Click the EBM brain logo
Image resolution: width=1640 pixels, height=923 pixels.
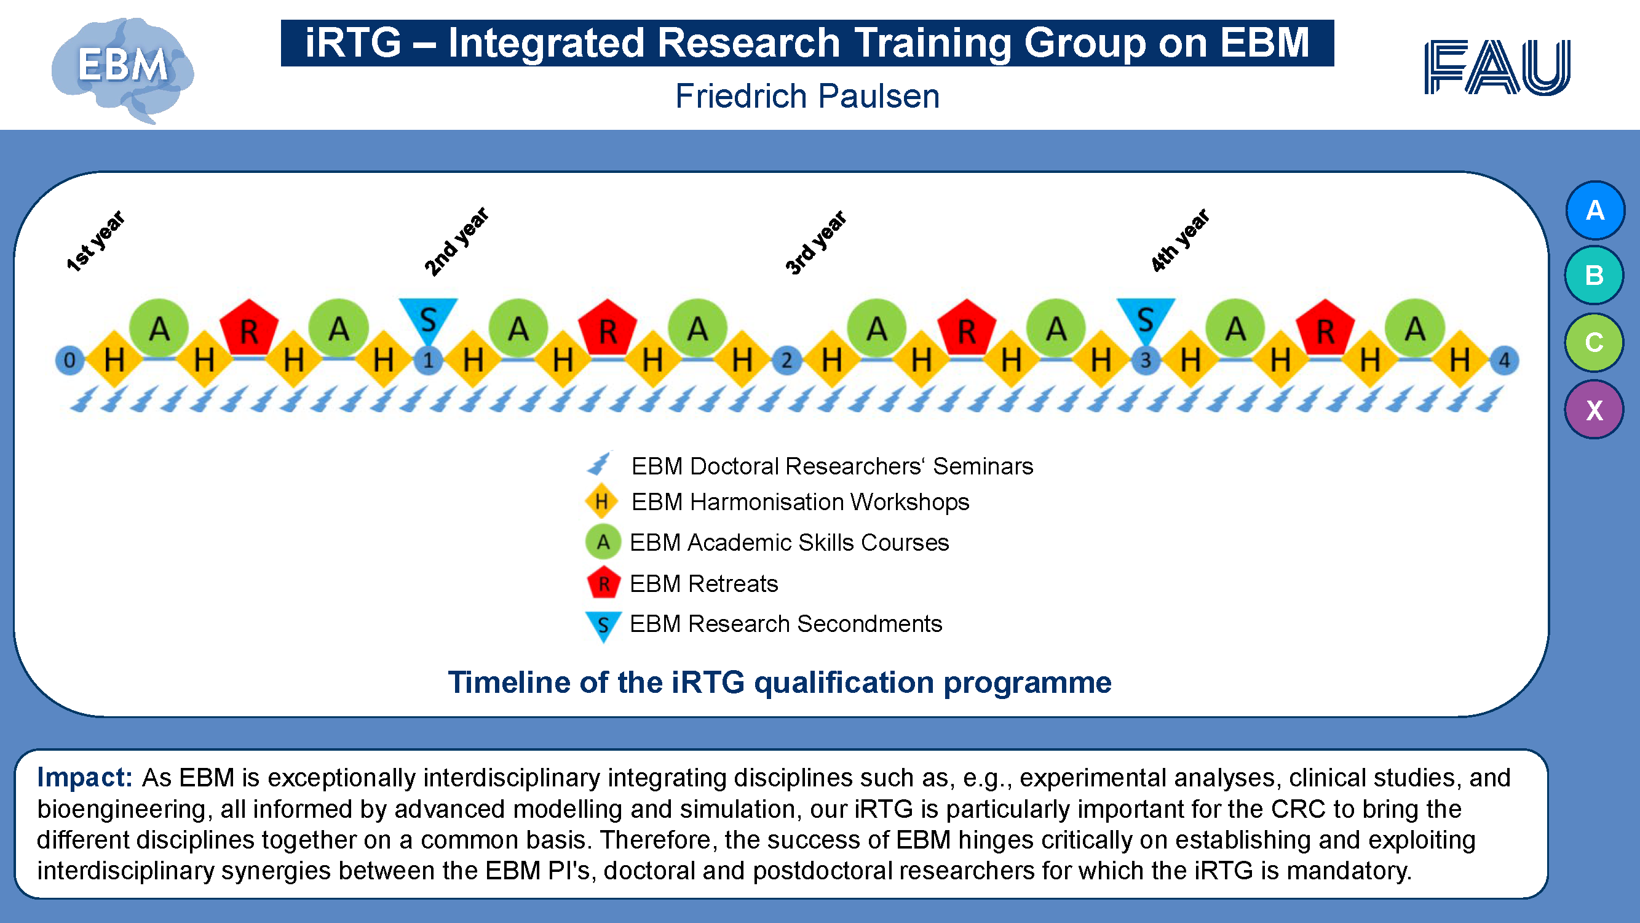[123, 70]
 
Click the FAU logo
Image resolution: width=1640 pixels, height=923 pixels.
[1497, 67]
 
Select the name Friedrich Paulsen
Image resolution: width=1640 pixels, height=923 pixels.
[807, 96]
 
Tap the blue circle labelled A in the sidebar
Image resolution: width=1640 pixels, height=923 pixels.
[1594, 210]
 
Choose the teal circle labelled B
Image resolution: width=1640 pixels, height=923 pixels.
[1594, 275]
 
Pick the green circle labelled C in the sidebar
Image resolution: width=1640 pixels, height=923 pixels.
[1594, 342]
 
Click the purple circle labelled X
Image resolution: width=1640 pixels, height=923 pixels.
[1594, 410]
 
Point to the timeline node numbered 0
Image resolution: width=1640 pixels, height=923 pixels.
[70, 361]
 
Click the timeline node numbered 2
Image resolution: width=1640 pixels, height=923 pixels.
[787, 361]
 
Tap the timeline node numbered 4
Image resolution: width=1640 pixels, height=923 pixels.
[1504, 361]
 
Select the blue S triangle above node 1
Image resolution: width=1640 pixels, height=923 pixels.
[429, 319]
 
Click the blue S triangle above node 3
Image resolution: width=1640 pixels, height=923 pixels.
[1146, 319]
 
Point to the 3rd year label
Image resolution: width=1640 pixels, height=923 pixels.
[815, 242]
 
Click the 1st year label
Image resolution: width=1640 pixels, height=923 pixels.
[95, 241]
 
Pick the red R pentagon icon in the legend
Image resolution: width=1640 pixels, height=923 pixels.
[603, 582]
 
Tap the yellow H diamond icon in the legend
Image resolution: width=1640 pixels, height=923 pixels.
[601, 501]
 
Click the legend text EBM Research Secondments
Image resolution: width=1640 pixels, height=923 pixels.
[786, 623]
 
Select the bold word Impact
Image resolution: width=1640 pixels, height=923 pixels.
[85, 777]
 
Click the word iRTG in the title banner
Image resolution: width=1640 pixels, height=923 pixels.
[354, 42]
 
